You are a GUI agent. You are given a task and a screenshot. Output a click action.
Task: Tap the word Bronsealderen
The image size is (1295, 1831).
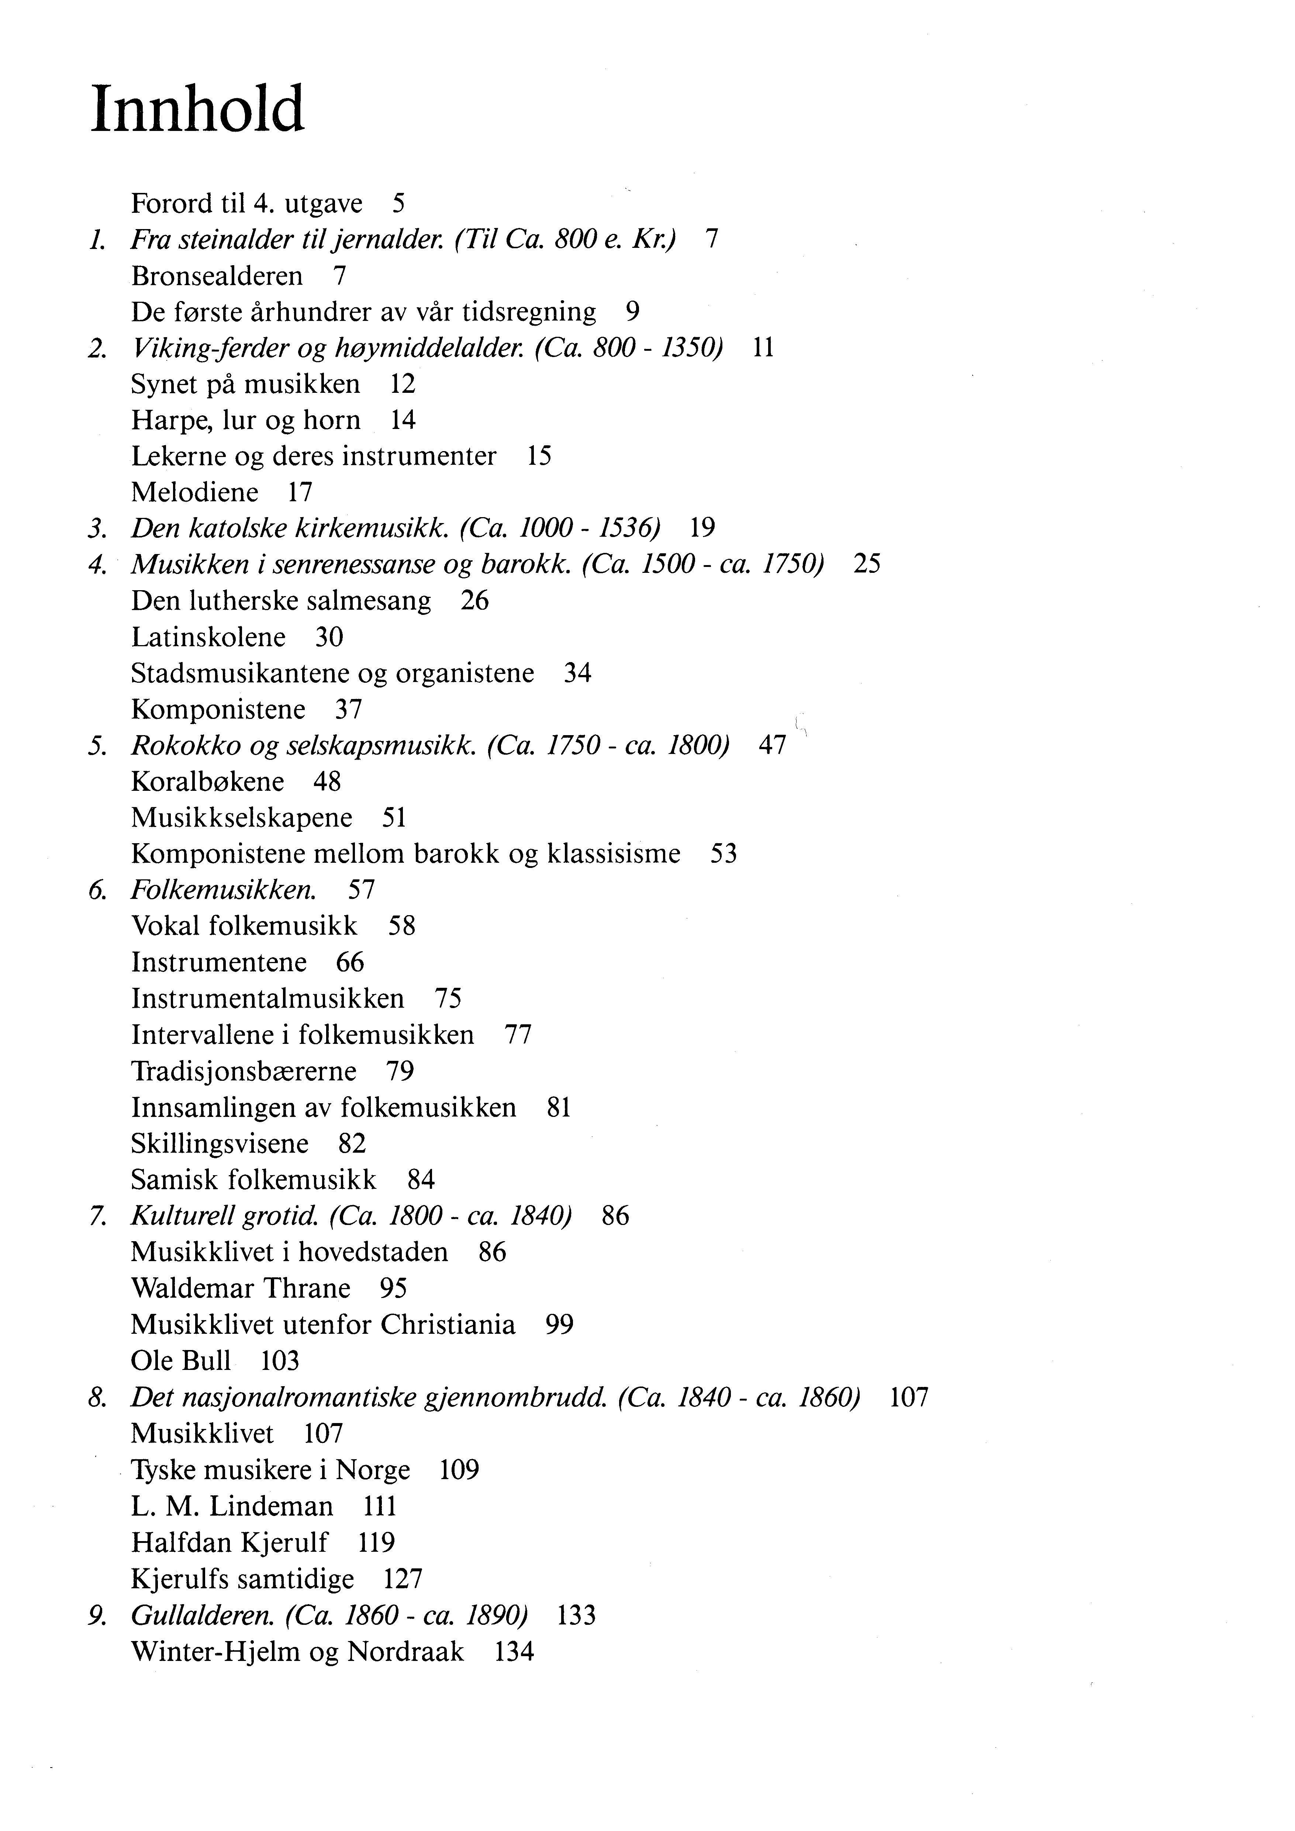coord(217,276)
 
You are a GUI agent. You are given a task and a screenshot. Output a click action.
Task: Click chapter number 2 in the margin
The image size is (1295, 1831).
coord(97,349)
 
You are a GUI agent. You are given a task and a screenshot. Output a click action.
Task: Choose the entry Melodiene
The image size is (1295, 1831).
coord(195,492)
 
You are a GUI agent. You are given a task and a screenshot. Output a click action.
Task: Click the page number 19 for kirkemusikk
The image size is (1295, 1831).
coord(703,527)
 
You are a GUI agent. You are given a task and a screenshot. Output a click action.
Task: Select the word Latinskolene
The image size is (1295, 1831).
coord(208,637)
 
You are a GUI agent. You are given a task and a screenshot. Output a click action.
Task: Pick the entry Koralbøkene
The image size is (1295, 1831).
coord(207,782)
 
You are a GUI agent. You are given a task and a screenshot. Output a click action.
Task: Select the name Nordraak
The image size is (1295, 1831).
coord(405,1652)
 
